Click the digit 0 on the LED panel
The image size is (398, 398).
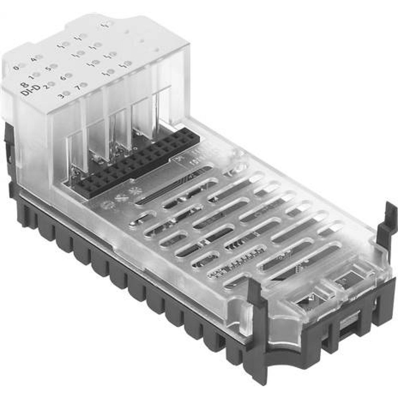(16, 68)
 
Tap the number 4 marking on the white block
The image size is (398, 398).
(33, 59)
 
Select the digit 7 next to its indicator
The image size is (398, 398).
(78, 87)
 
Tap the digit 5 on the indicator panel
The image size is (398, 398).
(48, 68)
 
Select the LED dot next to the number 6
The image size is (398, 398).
(69, 75)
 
